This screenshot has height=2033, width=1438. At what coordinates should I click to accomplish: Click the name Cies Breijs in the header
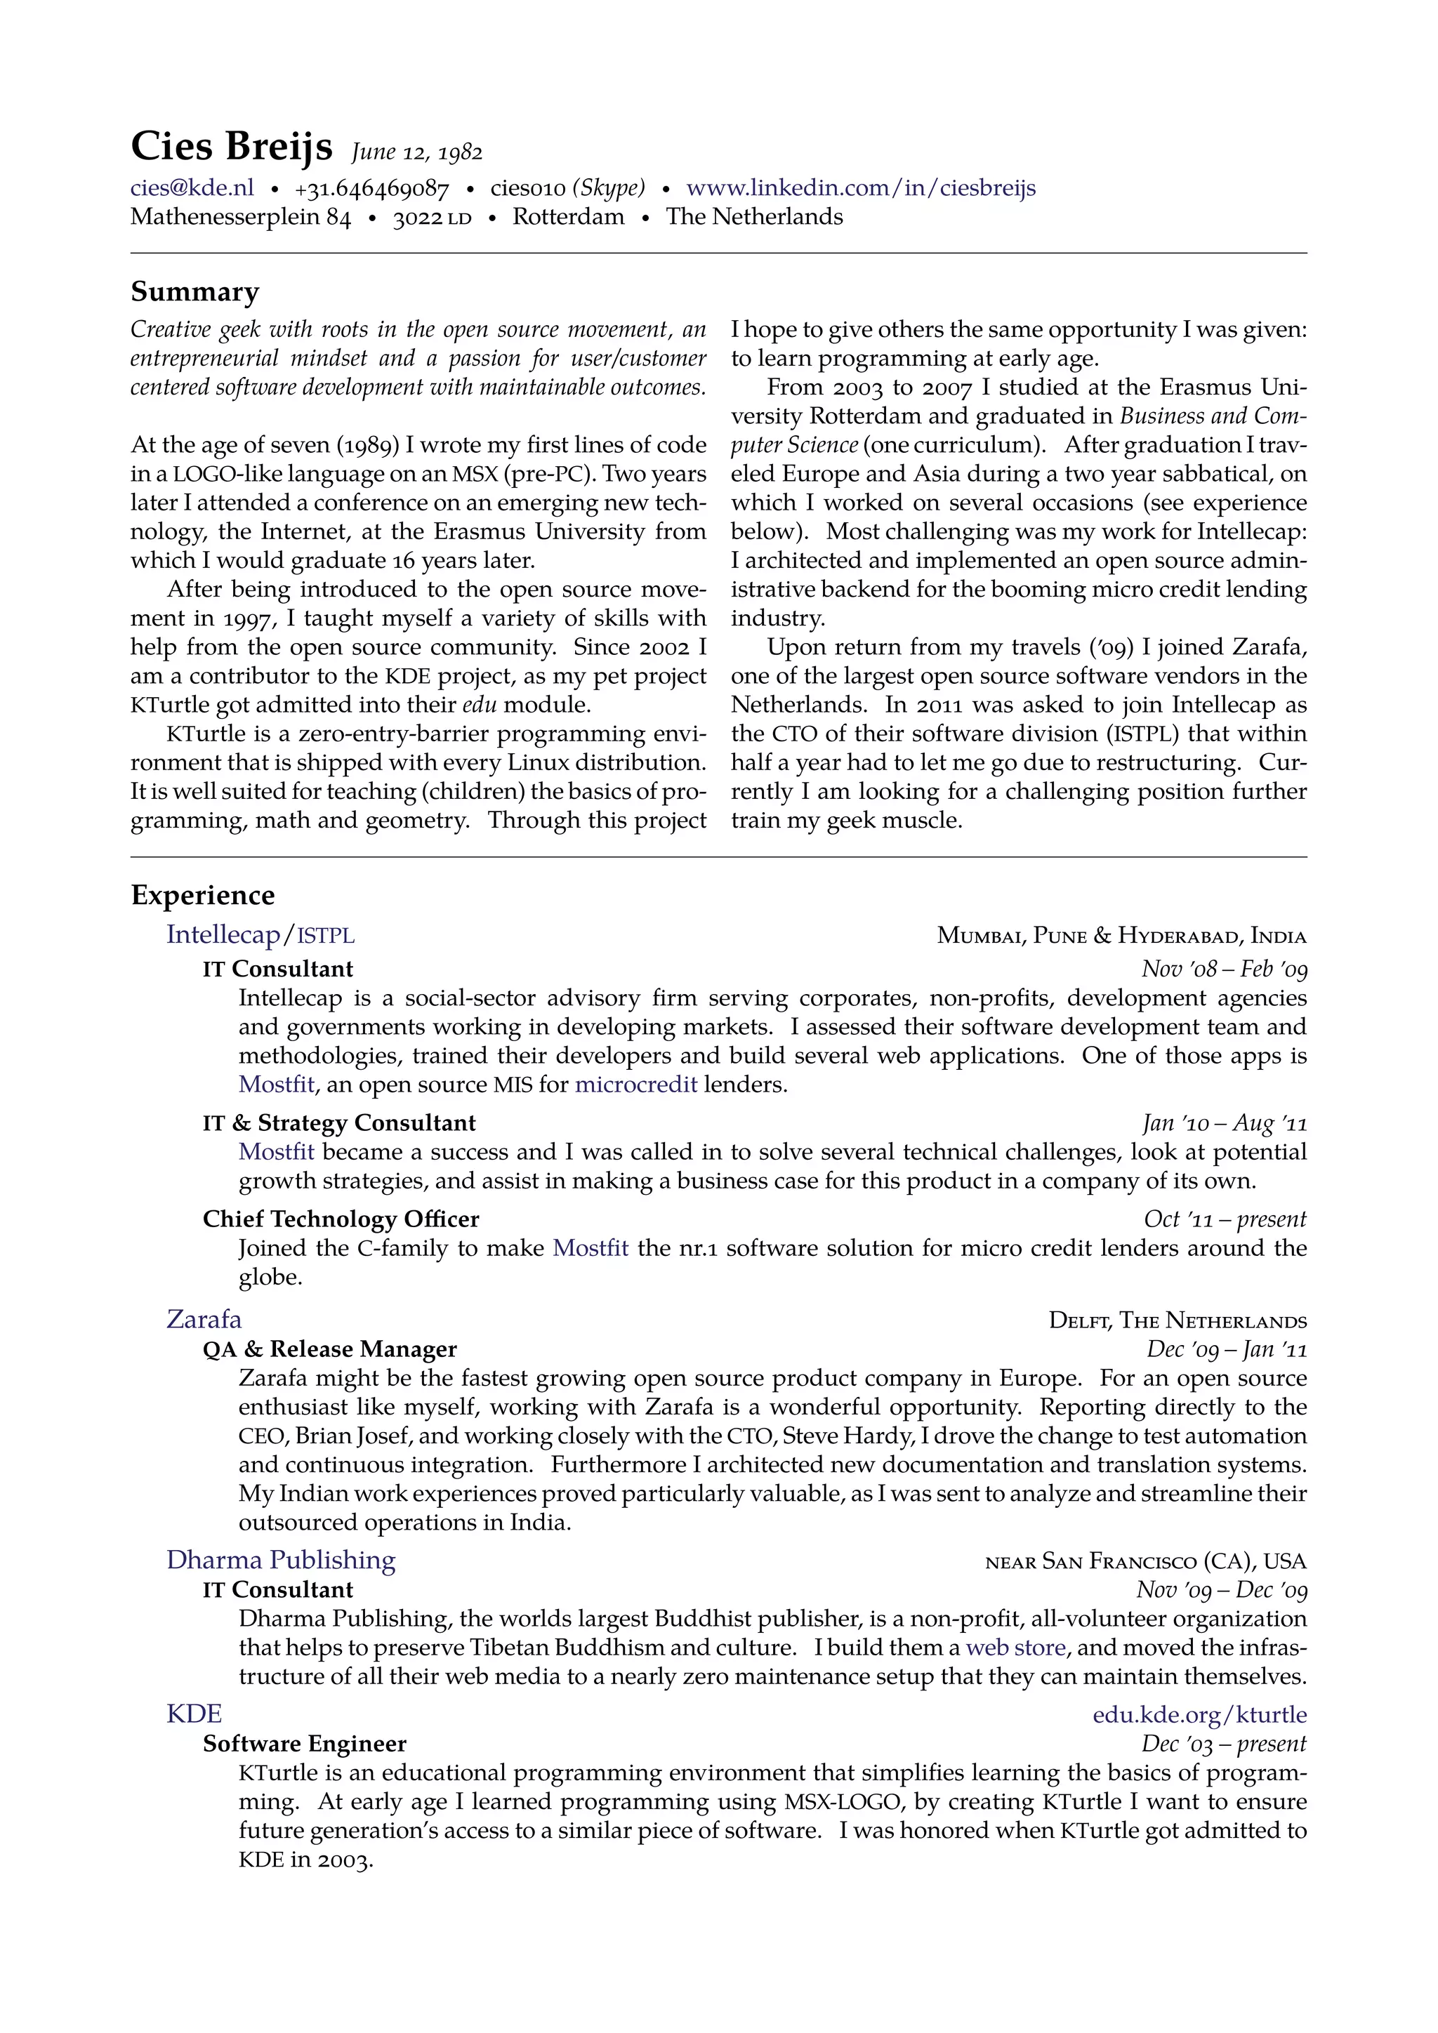231,146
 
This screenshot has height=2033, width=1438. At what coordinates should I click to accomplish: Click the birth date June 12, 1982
416,152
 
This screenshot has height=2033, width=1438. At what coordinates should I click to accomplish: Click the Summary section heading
194,291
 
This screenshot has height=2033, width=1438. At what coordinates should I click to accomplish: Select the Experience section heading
203,895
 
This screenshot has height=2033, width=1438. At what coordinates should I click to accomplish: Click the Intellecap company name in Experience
223,934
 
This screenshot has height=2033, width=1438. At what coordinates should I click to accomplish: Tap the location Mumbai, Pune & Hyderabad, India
1121,935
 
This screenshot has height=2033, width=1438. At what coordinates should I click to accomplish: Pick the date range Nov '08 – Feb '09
1224,969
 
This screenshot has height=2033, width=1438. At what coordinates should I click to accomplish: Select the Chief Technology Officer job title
341,1219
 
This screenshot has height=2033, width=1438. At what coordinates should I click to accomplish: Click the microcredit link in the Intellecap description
635,1085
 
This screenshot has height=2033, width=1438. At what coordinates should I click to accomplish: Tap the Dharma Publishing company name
281,1560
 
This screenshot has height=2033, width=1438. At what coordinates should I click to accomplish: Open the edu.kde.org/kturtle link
1199,1715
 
